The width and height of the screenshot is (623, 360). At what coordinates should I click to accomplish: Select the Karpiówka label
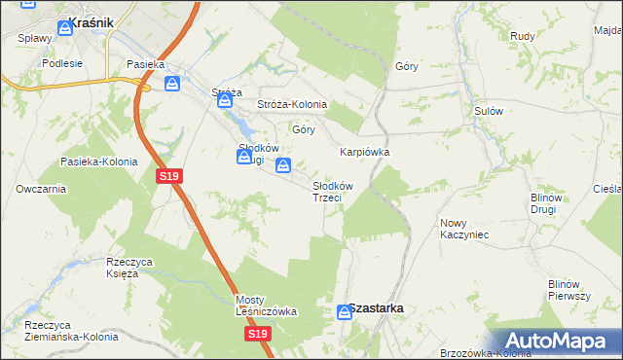[364, 152]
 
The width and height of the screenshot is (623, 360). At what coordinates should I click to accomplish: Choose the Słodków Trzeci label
[332, 192]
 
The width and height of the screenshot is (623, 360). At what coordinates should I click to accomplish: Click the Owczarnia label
[41, 189]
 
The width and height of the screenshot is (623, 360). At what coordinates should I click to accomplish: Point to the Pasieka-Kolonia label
[98, 162]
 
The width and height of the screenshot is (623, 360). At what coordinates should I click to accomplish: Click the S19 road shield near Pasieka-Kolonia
[168, 175]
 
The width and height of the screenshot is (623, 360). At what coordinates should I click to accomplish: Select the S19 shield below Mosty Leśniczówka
[257, 334]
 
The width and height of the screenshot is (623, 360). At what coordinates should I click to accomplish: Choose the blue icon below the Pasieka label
[172, 85]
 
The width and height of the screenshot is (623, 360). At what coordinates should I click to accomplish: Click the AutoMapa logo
[557, 340]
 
